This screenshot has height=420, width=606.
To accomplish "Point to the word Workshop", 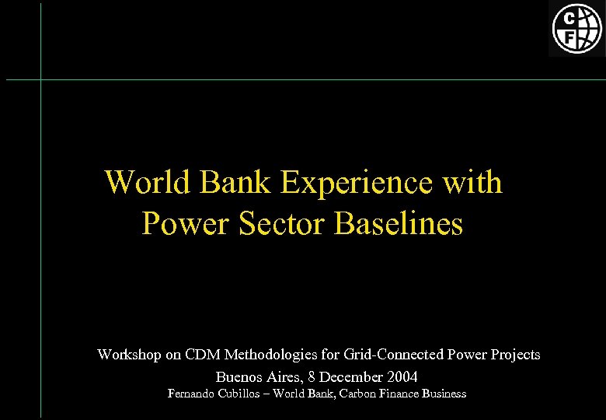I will click(x=129, y=355).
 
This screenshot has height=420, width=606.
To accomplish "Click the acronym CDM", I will click(x=204, y=355).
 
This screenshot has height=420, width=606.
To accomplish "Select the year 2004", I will click(x=401, y=377).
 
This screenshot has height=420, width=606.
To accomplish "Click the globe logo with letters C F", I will click(x=576, y=29).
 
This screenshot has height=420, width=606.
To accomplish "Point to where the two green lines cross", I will click(x=40, y=79).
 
